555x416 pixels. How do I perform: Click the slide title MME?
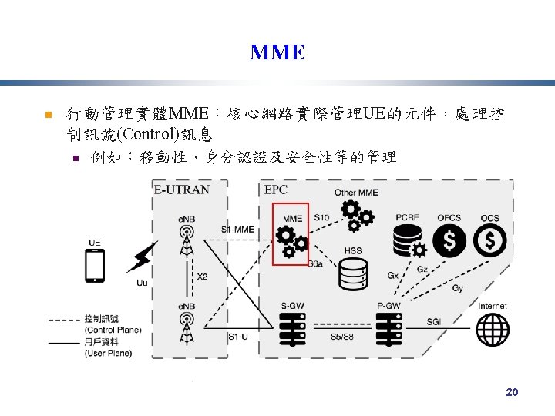[x=277, y=52]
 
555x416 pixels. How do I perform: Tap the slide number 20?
[x=512, y=393]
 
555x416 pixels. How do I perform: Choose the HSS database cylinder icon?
[x=353, y=273]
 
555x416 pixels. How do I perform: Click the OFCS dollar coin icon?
[x=449, y=241]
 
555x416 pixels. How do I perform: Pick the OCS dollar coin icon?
[x=490, y=241]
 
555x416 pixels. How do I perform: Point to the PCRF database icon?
[x=407, y=241]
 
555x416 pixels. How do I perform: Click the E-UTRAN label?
[x=181, y=190]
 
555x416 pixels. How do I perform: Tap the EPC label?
[x=276, y=190]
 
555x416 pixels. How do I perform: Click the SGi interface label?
[x=436, y=321]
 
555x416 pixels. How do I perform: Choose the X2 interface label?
[x=203, y=277]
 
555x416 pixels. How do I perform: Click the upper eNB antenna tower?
[x=187, y=241]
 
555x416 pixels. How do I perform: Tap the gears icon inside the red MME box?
[x=291, y=241]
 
